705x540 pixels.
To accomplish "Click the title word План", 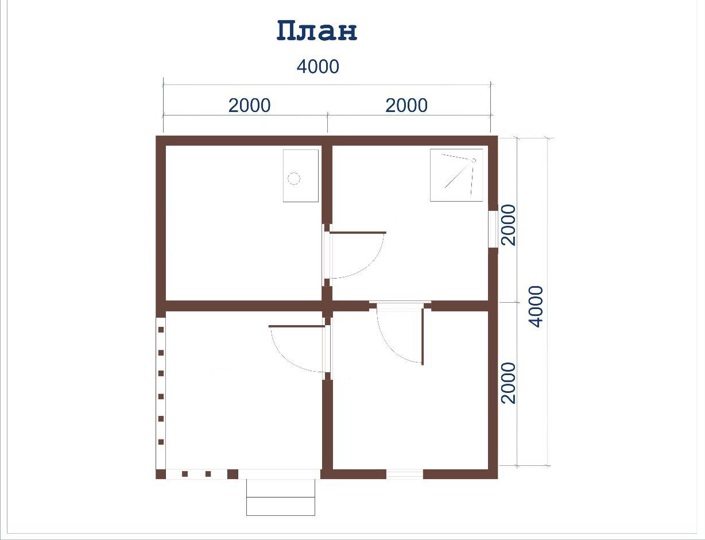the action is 317,31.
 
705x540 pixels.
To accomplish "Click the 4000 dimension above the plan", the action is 318,67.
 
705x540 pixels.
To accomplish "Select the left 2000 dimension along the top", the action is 250,106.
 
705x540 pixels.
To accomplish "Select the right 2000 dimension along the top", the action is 406,106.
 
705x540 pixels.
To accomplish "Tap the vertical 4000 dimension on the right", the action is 536,307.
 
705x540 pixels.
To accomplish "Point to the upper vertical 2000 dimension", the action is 509,225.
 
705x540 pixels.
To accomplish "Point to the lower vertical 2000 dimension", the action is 509,383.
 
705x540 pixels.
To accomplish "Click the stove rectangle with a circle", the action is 301,176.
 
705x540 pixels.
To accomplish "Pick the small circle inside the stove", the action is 294,179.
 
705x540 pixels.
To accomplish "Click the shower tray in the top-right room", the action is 456,175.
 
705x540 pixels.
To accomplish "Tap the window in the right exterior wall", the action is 493,229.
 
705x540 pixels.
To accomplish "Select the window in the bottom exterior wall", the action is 405,474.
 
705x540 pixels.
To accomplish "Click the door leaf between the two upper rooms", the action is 358,233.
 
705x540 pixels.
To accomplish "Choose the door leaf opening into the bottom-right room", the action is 423,337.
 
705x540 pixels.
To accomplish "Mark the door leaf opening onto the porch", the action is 297,326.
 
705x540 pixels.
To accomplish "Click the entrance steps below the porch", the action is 281,497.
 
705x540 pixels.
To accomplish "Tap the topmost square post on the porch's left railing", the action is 161,330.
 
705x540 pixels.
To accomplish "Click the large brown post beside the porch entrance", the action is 233,474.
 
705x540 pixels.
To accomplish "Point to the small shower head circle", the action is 474,161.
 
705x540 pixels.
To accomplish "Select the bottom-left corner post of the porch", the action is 161,474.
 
